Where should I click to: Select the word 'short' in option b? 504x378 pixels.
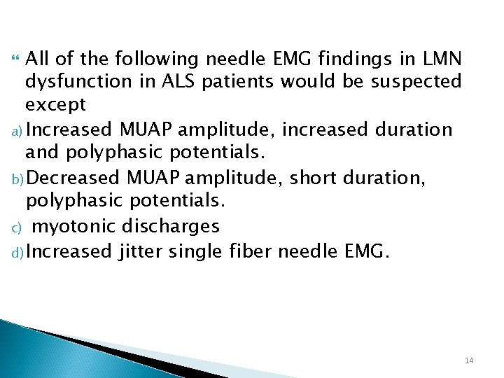(x=313, y=178)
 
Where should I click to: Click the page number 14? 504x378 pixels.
(x=468, y=360)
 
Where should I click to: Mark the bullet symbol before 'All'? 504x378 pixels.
(x=17, y=57)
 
